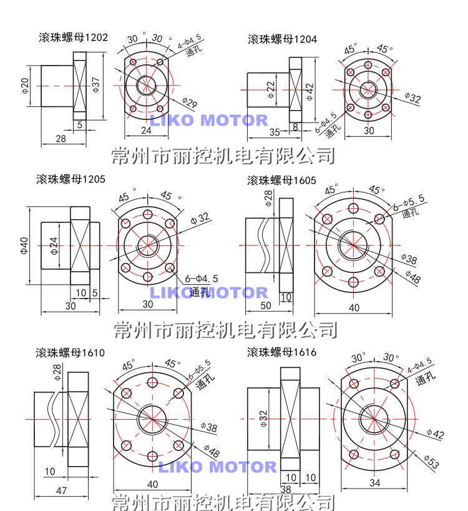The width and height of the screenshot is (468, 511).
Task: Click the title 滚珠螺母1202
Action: (73, 37)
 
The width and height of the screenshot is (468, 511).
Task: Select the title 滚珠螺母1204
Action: (282, 39)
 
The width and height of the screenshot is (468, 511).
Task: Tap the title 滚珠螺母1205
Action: (71, 179)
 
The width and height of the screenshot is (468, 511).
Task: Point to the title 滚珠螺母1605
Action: (281, 180)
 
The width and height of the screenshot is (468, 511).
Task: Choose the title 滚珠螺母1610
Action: (71, 352)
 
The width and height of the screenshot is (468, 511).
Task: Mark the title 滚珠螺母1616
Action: (281, 352)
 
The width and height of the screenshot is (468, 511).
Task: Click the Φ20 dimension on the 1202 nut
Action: (25, 86)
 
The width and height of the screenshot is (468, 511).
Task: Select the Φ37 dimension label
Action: (95, 85)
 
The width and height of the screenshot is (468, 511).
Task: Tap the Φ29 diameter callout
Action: (190, 102)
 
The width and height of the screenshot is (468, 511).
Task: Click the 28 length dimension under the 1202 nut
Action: (61, 139)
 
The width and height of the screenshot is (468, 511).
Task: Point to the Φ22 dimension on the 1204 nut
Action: (271, 90)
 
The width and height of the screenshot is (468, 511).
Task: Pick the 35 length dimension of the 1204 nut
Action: (275, 132)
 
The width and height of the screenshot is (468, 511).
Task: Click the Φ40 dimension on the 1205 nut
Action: (24, 245)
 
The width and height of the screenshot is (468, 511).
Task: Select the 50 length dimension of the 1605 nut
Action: (266, 305)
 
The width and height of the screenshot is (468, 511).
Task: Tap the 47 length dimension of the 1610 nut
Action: (62, 490)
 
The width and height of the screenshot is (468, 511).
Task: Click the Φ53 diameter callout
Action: (432, 462)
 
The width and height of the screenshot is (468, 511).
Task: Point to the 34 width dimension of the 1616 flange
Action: (375, 483)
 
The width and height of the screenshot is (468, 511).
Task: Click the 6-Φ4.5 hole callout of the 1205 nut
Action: (202, 279)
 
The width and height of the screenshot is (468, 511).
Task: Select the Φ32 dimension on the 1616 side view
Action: (263, 419)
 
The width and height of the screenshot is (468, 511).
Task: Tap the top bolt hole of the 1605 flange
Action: (353, 209)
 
